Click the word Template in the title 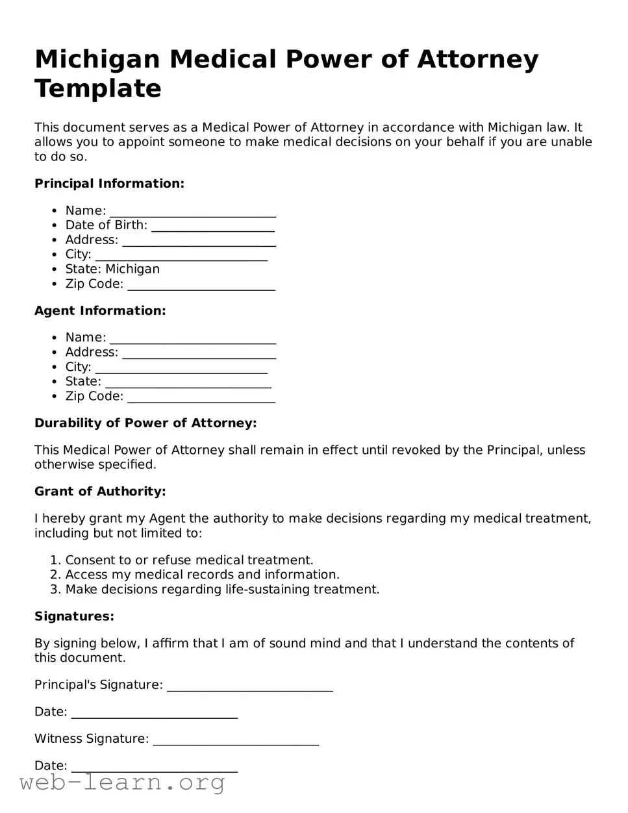coord(97,88)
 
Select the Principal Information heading coord(109,184)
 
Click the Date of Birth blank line coord(212,227)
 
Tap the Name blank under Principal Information coord(193,212)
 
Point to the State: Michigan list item coord(112,269)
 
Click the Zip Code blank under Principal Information coord(201,285)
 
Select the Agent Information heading coord(100,311)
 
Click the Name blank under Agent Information coord(193,338)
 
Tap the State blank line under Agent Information coord(188,382)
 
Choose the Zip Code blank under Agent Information coord(201,397)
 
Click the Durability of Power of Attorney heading coord(145,423)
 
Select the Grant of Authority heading coord(100,492)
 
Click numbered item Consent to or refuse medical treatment coord(189,560)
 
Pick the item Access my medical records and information coord(202,575)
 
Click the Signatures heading coord(74,616)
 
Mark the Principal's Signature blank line coord(250,686)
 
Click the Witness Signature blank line coord(236,740)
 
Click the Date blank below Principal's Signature coord(155,713)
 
